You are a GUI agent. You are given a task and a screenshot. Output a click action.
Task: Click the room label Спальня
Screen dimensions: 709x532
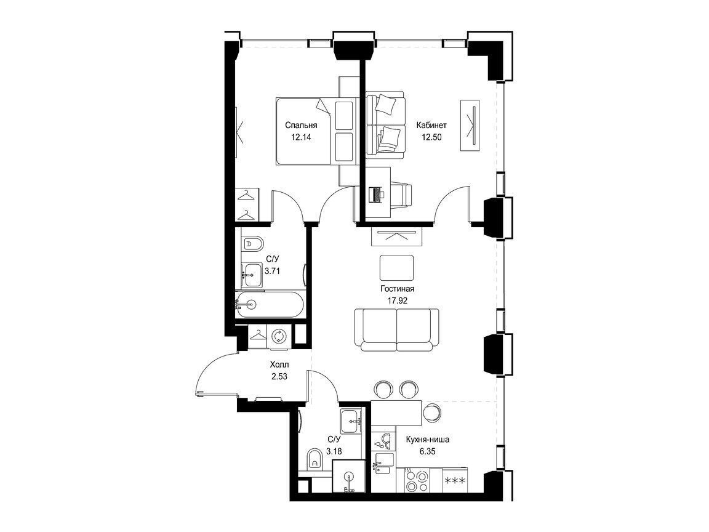[301, 126]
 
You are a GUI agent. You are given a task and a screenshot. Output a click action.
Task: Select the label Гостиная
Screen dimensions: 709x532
[398, 289]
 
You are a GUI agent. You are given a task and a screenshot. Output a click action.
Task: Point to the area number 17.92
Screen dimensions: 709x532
[398, 300]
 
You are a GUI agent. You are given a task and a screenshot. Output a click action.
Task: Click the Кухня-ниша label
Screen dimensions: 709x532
[427, 439]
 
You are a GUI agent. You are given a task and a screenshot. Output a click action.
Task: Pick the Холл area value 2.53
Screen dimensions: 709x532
[279, 376]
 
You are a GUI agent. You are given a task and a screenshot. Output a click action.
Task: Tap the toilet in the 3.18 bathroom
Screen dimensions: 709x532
[313, 459]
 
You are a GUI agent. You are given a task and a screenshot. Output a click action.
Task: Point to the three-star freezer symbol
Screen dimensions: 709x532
[455, 480]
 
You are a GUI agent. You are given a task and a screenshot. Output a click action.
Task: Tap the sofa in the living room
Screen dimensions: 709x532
[396, 329]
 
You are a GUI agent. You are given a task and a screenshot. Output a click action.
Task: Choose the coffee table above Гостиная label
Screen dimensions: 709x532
[396, 267]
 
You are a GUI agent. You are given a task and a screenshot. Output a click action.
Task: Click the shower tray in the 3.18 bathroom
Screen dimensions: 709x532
[348, 476]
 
